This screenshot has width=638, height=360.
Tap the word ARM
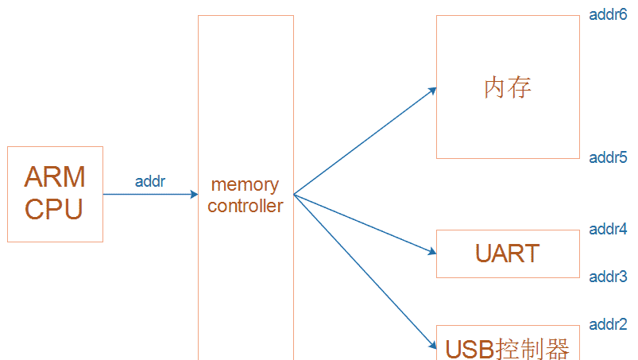[x=55, y=176]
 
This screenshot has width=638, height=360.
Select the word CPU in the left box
[x=53, y=210]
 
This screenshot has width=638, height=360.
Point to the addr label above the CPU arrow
[x=150, y=181]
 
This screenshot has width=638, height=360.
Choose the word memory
[x=245, y=184]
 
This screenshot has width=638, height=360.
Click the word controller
[x=245, y=206]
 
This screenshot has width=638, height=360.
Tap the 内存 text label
[x=507, y=87]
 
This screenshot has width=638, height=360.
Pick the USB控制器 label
[x=507, y=348]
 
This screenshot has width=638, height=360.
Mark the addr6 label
[x=608, y=14]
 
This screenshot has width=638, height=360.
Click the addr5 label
[x=608, y=157]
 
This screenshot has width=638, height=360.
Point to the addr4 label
[x=608, y=229]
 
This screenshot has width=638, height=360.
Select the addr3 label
[x=608, y=277]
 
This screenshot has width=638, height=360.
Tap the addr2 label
[x=608, y=324]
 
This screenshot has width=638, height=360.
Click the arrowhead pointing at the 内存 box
[x=432, y=90]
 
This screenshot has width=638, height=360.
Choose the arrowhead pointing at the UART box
[x=432, y=252]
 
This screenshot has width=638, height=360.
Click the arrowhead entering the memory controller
[x=193, y=194]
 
